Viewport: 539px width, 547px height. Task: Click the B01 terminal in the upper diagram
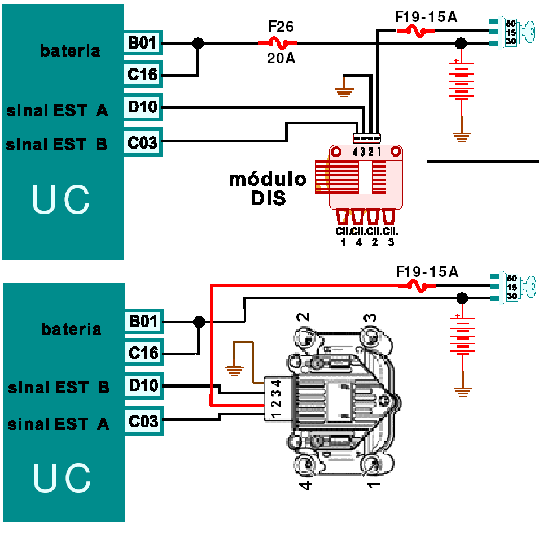[143, 42]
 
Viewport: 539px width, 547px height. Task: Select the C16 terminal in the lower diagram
[143, 353]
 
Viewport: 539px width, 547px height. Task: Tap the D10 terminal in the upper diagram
[143, 107]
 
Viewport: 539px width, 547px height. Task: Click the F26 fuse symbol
[278, 42]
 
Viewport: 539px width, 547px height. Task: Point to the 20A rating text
[281, 58]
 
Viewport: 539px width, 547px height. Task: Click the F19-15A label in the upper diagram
[426, 17]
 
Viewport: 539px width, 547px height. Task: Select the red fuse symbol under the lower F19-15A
[417, 286]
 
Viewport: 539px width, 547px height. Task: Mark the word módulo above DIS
[268, 180]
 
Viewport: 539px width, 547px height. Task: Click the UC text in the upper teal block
[61, 201]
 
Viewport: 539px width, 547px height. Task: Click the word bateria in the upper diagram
[70, 50]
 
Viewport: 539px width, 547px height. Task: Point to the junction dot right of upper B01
[198, 42]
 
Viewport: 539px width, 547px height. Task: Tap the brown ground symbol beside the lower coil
[233, 371]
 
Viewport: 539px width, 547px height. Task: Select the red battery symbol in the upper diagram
[462, 79]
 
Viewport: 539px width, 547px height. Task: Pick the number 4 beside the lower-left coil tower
[305, 484]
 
